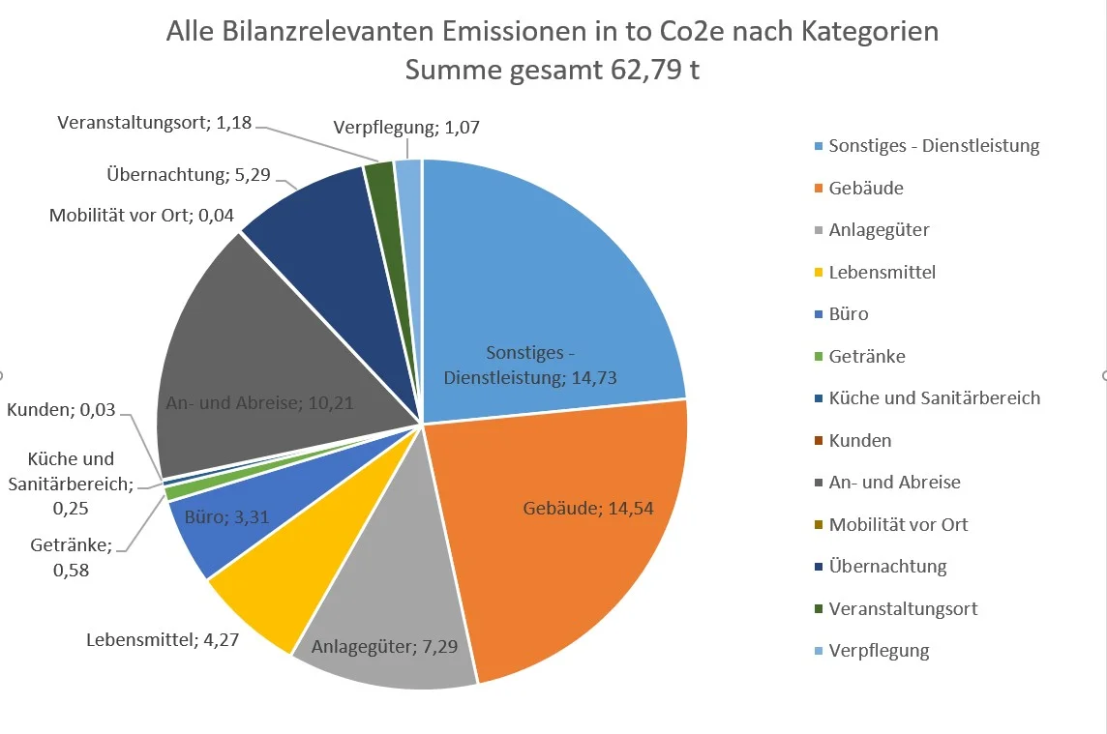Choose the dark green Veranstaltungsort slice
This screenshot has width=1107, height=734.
click(x=380, y=179)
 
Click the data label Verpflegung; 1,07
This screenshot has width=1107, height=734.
click(x=406, y=127)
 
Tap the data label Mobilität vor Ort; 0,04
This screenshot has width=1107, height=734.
click(x=141, y=216)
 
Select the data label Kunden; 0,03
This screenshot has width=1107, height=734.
click(x=61, y=409)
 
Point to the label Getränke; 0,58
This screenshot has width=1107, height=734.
click(x=72, y=558)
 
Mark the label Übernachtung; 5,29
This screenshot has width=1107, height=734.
click(x=189, y=175)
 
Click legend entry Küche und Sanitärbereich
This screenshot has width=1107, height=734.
click(x=934, y=397)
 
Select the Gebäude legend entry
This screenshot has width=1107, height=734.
click(x=866, y=188)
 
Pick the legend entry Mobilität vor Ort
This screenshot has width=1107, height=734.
click(x=898, y=524)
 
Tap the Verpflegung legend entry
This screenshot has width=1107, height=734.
click(x=879, y=650)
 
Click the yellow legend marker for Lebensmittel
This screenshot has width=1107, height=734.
click(x=818, y=273)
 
